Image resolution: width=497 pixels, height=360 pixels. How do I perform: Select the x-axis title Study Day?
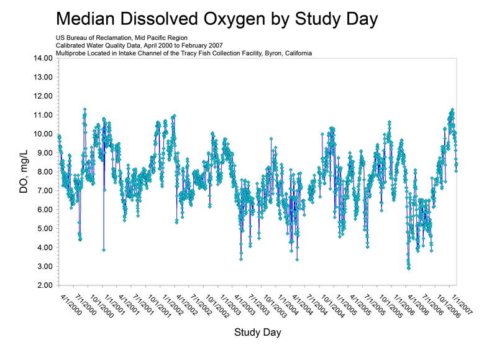click(257, 332)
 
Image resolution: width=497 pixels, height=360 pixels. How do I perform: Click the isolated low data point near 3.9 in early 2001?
click(104, 249)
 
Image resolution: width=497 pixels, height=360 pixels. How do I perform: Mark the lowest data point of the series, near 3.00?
click(408, 268)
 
